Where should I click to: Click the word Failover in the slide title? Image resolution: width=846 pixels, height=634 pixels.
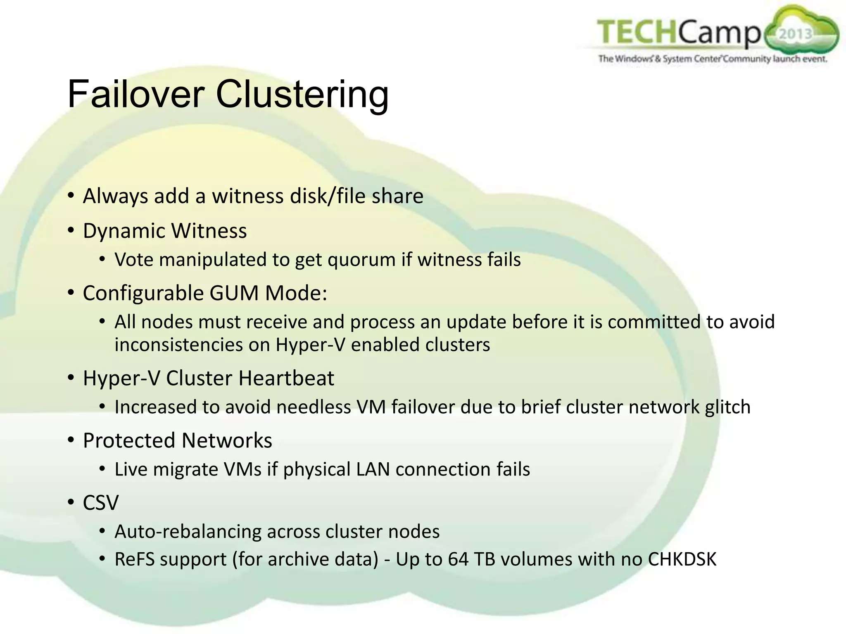(136, 95)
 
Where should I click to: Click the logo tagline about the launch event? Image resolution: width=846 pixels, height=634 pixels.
(713, 59)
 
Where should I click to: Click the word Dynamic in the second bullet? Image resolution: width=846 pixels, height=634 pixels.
(124, 231)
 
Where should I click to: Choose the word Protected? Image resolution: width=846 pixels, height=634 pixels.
(129, 440)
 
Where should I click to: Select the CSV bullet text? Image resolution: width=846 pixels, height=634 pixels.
(101, 503)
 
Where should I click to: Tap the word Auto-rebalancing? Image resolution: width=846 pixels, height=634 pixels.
(188, 532)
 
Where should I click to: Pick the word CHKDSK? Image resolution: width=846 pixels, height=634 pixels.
(682, 559)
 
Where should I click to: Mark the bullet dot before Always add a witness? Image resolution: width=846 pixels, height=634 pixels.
(71, 195)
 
